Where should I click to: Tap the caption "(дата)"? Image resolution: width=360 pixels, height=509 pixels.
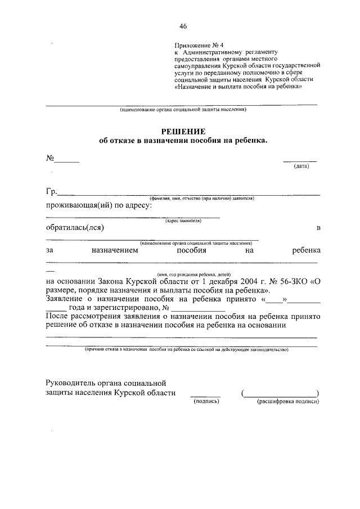[301, 166]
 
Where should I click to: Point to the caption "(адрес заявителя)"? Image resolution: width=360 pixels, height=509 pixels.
[183, 220]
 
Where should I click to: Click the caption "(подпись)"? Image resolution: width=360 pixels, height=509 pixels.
[205, 402]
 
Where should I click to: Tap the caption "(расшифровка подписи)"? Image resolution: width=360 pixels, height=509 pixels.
[288, 402]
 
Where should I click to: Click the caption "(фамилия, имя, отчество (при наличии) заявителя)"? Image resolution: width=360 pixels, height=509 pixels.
[202, 199]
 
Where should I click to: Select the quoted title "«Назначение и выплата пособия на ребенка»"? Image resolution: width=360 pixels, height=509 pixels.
[242, 87]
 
